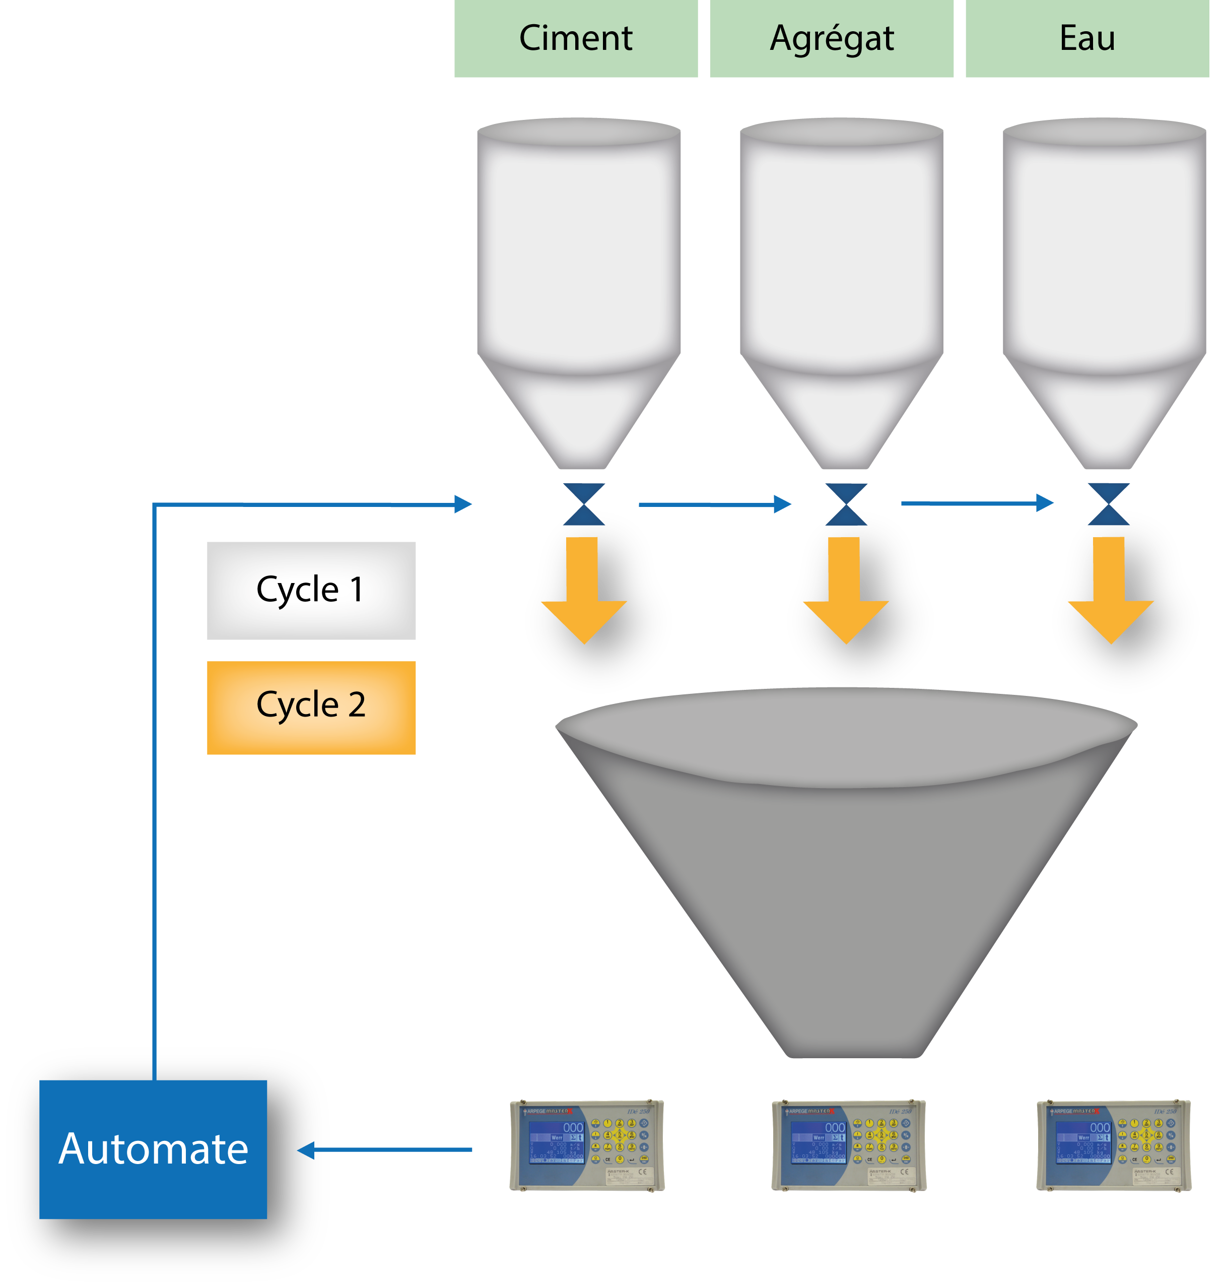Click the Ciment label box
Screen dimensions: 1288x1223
point(576,38)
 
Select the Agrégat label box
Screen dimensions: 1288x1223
point(831,38)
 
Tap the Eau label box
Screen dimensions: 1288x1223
point(1087,38)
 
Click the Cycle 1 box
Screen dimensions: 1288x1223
point(311,590)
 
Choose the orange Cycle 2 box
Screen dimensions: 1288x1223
point(311,707)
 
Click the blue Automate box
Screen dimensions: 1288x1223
point(153,1149)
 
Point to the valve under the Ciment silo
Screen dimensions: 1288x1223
point(584,504)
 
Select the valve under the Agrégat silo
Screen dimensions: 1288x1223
point(846,504)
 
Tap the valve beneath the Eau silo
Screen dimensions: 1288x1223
point(1108,504)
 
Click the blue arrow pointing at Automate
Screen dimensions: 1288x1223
point(385,1150)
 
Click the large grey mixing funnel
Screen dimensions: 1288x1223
point(846,867)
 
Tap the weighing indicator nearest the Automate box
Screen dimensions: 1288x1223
point(587,1146)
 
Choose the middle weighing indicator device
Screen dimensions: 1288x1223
point(849,1146)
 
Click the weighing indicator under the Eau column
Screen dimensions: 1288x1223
point(1114,1146)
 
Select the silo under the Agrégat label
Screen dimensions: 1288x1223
point(842,274)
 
